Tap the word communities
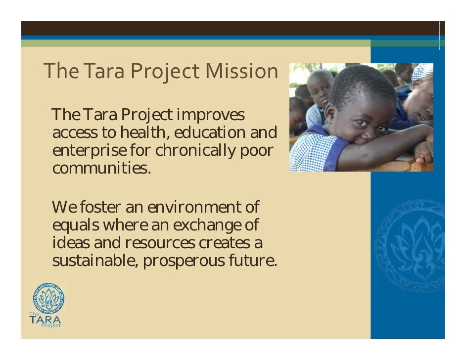point(101,168)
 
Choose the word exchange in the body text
point(208,225)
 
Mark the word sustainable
point(95,261)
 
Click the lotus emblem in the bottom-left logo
point(48,298)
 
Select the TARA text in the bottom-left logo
point(45,319)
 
